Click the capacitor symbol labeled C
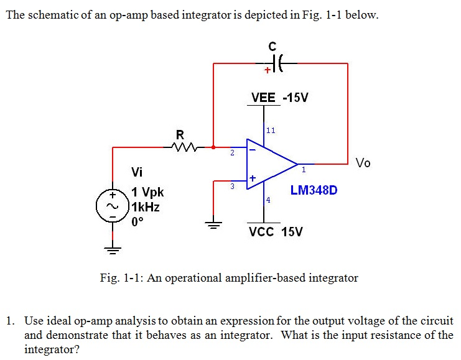[276, 63]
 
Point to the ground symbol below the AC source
[113, 251]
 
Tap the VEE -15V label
[279, 98]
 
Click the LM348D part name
[314, 190]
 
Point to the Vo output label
[363, 163]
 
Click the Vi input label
[137, 172]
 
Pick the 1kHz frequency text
[146, 207]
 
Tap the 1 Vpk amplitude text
[147, 193]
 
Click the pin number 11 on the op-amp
[270, 131]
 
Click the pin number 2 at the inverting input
[232, 152]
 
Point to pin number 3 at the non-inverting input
[232, 185]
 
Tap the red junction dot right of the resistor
[213, 147]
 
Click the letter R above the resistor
[180, 134]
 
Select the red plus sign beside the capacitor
[266, 70]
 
